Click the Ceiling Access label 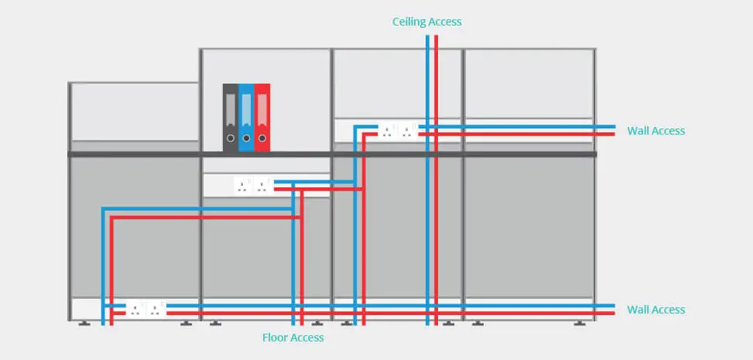pyautogui.click(x=426, y=22)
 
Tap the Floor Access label pyautogui.click(x=293, y=338)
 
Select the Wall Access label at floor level pyautogui.click(x=655, y=310)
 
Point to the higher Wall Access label pyautogui.click(x=655, y=131)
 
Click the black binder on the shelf pyautogui.click(x=230, y=117)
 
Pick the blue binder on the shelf pyautogui.click(x=246, y=117)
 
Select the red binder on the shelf pyautogui.click(x=262, y=117)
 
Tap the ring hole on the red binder pyautogui.click(x=262, y=139)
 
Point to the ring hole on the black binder pyautogui.click(x=230, y=139)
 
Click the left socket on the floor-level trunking pyautogui.click(x=135, y=310)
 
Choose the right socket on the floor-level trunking pyautogui.click(x=156, y=310)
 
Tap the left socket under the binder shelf pyautogui.click(x=242, y=185)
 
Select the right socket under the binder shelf pyautogui.click(x=262, y=185)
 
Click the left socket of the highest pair pyautogui.click(x=387, y=131)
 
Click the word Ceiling pyautogui.click(x=409, y=22)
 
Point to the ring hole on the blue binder pyautogui.click(x=246, y=139)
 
